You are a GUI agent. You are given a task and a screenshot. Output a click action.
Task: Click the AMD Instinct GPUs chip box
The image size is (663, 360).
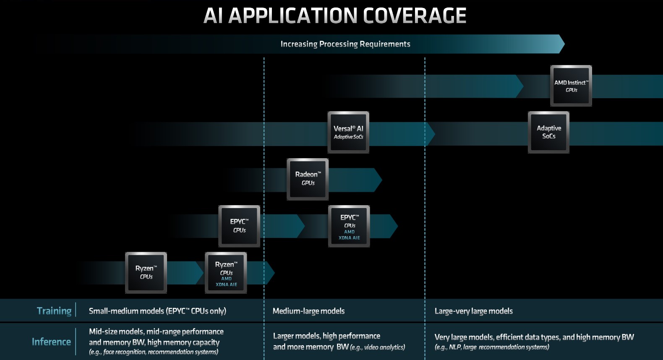(571, 86)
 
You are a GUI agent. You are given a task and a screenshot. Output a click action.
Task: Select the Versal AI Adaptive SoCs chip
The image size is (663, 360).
(348, 132)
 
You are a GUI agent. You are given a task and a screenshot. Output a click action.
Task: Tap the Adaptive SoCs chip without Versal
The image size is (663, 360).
(548, 132)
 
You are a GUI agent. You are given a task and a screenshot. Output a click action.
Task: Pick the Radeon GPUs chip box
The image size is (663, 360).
(308, 179)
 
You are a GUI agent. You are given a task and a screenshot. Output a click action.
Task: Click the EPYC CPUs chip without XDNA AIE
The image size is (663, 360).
(239, 226)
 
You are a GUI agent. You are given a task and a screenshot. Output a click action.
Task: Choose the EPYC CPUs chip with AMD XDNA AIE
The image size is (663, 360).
(349, 226)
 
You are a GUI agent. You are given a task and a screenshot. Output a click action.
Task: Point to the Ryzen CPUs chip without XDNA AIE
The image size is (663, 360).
(146, 272)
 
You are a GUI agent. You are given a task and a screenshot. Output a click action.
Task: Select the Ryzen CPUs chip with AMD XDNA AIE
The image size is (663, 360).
(226, 272)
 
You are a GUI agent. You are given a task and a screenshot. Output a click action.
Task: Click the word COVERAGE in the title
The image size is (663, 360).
(414, 16)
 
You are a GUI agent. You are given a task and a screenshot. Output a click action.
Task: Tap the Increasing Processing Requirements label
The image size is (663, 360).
(345, 44)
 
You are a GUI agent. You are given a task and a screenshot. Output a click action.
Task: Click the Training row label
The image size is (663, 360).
(54, 311)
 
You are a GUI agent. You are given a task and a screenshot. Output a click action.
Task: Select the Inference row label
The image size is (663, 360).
(51, 342)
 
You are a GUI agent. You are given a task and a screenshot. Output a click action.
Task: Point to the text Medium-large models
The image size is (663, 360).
(308, 311)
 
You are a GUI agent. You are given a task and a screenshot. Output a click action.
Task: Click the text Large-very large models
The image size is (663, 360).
(473, 311)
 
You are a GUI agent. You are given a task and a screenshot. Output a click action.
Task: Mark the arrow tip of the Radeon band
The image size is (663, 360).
(381, 180)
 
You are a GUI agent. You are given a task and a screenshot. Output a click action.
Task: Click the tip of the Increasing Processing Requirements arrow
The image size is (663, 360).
(564, 44)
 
